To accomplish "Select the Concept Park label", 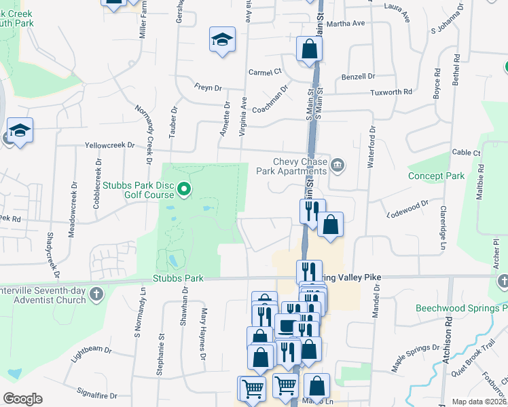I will pyautogui.click(x=436, y=176).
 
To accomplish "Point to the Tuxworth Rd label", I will pyautogui.click(x=391, y=92).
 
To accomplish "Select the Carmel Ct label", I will pyautogui.click(x=265, y=72).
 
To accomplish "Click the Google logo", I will pyautogui.click(x=22, y=399).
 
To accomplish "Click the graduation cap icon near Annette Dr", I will pyautogui.click(x=222, y=40).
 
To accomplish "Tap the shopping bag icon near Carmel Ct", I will pyautogui.click(x=309, y=49).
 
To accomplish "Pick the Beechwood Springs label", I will pyautogui.click(x=462, y=308).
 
